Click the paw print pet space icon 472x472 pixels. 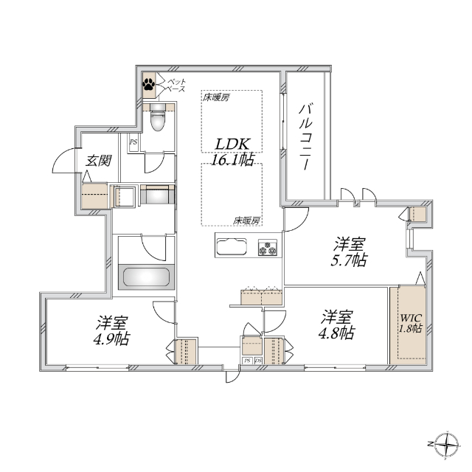149,84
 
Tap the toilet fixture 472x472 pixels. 159,117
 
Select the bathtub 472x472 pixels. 146,277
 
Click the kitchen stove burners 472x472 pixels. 268,248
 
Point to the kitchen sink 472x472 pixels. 232,246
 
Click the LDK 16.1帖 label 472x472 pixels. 232,152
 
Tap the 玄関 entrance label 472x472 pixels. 98,161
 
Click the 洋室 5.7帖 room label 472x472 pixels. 349,252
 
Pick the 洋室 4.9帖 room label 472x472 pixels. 111,330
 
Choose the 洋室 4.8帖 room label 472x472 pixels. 337,324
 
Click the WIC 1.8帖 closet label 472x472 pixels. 411,323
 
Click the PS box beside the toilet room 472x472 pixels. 133,142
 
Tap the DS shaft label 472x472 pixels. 258,361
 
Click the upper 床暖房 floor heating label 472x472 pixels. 216,97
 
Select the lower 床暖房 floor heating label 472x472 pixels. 246,221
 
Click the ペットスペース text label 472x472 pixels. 176,86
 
